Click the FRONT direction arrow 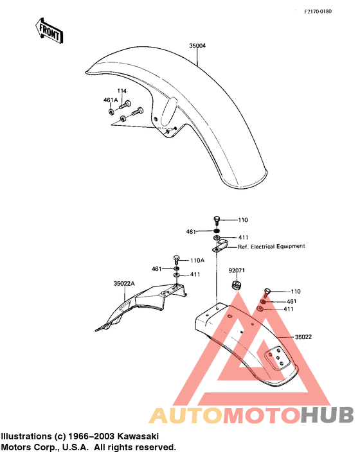[49, 31]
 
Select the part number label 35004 [197, 46]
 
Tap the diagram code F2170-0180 [318, 12]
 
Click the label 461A [111, 100]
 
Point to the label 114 [122, 91]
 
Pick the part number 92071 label [237, 270]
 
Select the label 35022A [124, 283]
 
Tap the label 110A [197, 260]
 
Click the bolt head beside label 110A [176, 258]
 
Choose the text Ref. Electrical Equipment [271, 247]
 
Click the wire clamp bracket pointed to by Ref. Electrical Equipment [221, 247]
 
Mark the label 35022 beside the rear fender [303, 337]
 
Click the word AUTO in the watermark [186, 415]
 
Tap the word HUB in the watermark [327, 415]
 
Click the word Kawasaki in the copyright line [138, 436]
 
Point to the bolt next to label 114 [125, 105]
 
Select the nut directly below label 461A [111, 111]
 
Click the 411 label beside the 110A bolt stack [195, 274]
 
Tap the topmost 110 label [243, 220]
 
